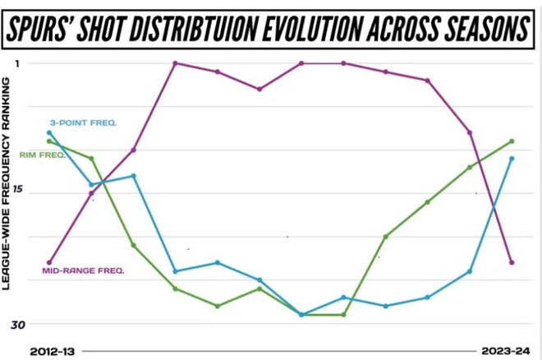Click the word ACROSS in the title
tap(377, 29)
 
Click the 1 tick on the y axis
tap(18, 63)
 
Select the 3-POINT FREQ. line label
tap(83, 122)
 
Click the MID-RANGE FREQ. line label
tap(83, 269)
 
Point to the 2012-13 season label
tap(52, 351)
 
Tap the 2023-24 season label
tap(506, 351)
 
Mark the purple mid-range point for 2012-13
tap(49, 262)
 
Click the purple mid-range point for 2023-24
tap(512, 262)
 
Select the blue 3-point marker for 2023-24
tap(512, 159)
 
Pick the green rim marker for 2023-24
tap(512, 141)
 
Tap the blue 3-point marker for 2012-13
tap(49, 132)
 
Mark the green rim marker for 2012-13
tap(49, 141)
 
